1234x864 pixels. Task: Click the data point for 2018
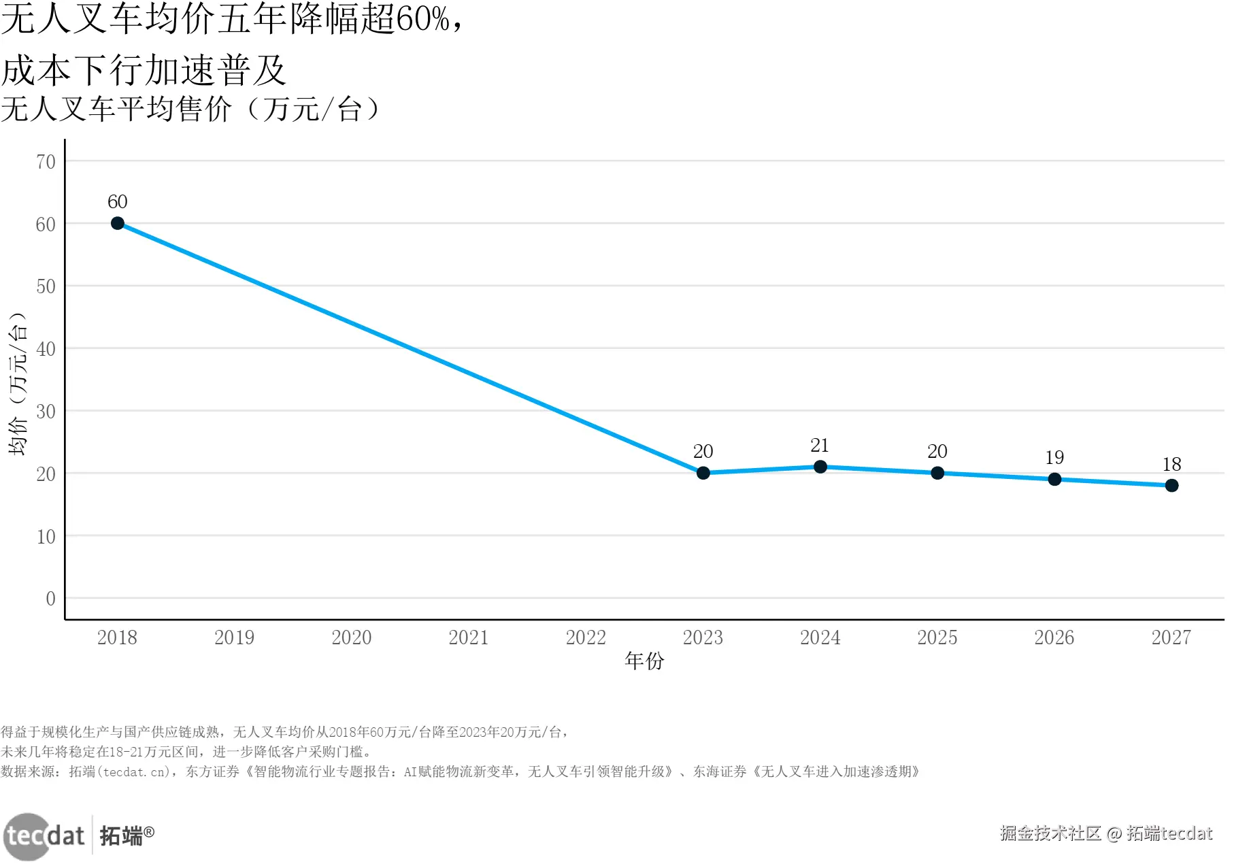[118, 224]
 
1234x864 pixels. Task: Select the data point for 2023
[703, 473]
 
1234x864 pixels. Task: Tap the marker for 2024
[820, 467]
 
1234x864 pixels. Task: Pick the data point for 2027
[1171, 486]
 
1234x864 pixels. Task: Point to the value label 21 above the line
[820, 446]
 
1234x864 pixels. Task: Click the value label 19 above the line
[1054, 458]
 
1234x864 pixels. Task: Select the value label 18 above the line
[1171, 465]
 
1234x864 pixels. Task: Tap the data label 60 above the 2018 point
[118, 202]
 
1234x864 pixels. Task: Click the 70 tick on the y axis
[46, 162]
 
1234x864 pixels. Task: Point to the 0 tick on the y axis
[51, 599]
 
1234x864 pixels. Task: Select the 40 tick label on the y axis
[46, 349]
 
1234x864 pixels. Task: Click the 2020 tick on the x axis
[352, 637]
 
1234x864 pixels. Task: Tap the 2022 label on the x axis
[586, 637]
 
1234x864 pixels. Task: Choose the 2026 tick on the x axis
[1054, 637]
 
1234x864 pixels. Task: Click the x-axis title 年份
[644, 661]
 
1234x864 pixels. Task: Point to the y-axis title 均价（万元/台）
[18, 384]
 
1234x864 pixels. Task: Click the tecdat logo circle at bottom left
[27, 836]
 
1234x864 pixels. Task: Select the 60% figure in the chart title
[422, 20]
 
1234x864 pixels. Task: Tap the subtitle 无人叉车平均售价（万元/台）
[190, 110]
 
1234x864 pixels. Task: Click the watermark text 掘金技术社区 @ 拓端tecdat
[1106, 833]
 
